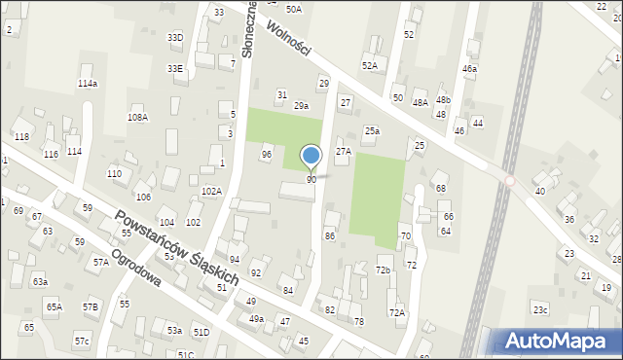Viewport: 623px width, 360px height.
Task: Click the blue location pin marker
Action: (311, 157)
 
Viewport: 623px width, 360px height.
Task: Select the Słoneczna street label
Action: (249, 28)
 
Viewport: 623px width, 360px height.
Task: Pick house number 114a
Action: (88, 84)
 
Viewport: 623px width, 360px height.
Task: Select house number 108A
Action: (137, 117)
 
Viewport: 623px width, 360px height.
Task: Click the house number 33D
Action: (175, 37)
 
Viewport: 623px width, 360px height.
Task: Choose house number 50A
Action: (293, 9)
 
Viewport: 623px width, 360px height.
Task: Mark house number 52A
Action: (370, 65)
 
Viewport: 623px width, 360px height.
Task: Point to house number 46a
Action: (470, 69)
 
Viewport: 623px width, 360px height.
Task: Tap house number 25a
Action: (372, 130)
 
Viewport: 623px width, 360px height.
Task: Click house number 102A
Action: (211, 192)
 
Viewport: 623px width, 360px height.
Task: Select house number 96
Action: (266, 155)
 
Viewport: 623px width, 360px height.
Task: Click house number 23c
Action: (540, 309)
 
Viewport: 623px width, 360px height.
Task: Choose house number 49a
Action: (256, 318)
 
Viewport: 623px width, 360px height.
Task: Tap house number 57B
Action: (91, 307)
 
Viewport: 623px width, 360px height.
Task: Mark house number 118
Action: (21, 136)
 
